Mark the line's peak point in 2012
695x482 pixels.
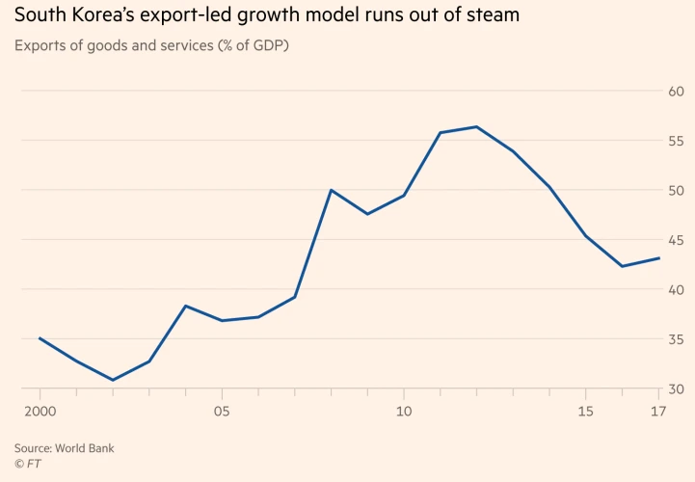coord(476,126)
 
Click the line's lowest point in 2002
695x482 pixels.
coord(113,380)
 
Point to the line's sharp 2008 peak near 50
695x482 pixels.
coord(331,190)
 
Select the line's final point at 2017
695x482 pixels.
coord(658,257)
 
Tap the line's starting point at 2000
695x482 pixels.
coord(40,338)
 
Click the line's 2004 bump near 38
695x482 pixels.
coord(185,306)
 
